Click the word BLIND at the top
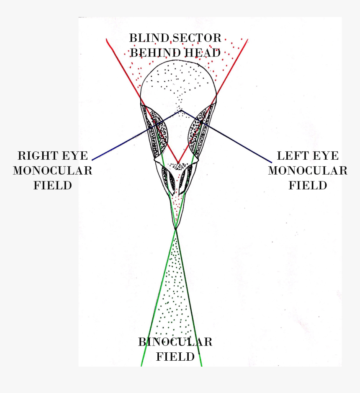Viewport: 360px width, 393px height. (149, 38)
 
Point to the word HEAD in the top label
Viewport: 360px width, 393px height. (204, 53)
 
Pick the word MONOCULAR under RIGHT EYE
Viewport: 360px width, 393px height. (52, 171)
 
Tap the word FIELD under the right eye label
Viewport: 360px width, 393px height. (52, 185)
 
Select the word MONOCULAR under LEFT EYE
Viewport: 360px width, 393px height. (307, 171)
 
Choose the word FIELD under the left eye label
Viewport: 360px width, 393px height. (307, 185)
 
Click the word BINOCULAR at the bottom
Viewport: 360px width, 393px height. (175, 342)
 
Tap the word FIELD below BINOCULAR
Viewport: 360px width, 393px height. (175, 357)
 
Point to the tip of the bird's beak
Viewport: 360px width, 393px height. (176, 228)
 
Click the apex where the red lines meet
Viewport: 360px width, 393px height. (178, 163)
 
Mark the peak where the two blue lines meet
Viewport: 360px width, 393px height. (181, 110)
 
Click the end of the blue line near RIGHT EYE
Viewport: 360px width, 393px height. (92, 160)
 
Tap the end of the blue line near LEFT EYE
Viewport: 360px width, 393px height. (271, 162)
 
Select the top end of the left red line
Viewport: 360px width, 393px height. (107, 39)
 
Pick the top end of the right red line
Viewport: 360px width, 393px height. (248, 40)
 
